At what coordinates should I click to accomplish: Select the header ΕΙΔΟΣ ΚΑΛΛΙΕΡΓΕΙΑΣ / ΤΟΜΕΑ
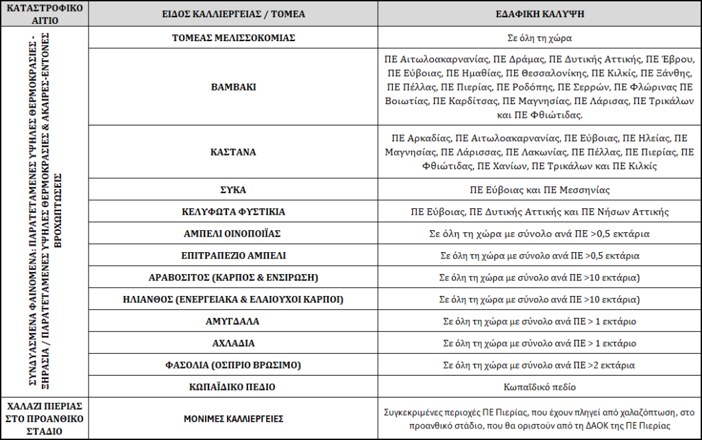click(233, 13)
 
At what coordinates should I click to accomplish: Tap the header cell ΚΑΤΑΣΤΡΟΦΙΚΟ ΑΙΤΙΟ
click(45, 13)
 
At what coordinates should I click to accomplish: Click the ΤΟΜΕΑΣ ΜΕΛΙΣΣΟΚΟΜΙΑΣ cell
click(233, 38)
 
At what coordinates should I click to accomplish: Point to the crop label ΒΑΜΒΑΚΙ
click(233, 88)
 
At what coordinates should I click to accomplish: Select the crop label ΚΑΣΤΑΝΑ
click(233, 151)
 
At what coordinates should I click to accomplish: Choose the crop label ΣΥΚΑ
click(233, 189)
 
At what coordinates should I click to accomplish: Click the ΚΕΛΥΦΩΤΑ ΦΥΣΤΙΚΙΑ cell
click(233, 212)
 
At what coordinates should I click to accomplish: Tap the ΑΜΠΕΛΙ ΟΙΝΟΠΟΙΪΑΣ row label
click(233, 234)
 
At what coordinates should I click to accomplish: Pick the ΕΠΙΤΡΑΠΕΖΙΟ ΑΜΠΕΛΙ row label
click(233, 256)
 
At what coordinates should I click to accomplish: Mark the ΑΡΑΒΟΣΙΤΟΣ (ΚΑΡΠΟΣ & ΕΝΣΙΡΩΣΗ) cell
click(233, 278)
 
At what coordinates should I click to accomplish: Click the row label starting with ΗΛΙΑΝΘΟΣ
click(233, 300)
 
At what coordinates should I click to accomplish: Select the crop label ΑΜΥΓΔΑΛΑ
click(233, 321)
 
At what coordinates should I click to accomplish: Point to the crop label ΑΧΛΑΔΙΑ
click(233, 343)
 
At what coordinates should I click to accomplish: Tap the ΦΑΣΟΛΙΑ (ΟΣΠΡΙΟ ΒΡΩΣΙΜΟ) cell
click(233, 365)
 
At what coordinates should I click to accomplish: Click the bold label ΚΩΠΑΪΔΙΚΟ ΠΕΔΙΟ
click(233, 387)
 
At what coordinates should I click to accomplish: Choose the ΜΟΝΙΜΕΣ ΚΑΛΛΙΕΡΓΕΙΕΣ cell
click(233, 418)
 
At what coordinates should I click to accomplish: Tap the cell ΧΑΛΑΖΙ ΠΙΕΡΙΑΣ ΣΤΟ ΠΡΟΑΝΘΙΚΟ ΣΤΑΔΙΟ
click(45, 417)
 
